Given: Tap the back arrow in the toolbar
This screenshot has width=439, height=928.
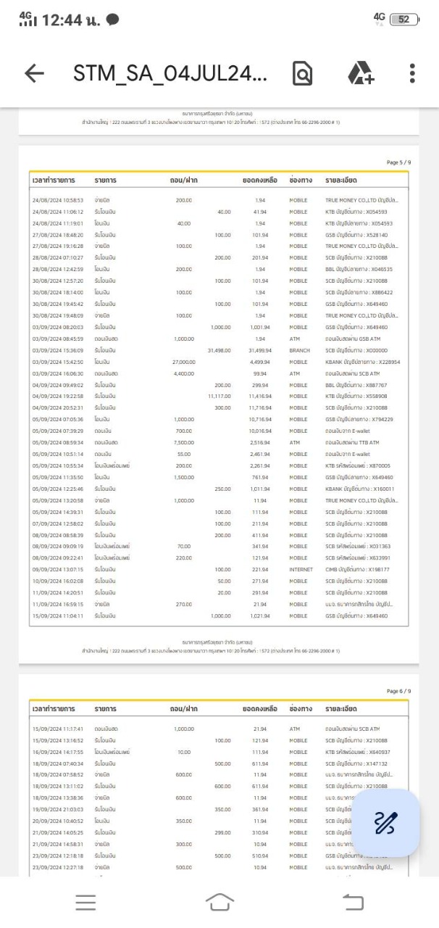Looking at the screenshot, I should pyautogui.click(x=33, y=72).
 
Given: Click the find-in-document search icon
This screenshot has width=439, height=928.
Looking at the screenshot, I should pyautogui.click(x=302, y=72).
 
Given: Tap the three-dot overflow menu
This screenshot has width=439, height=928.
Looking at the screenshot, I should pyautogui.click(x=412, y=72).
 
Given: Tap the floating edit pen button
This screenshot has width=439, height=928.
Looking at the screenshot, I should pyautogui.click(x=385, y=823).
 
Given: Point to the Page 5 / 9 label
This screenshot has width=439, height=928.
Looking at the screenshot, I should pyautogui.click(x=399, y=164).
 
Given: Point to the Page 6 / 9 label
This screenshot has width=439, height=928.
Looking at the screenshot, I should pyautogui.click(x=399, y=691).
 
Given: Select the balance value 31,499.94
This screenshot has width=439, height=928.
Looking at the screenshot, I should pyautogui.click(x=258, y=350).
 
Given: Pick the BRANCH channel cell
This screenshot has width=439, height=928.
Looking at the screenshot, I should pyautogui.click(x=298, y=350).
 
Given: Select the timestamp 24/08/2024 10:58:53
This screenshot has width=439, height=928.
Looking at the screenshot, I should pyautogui.click(x=58, y=199).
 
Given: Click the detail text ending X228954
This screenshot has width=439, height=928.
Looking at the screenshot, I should pyautogui.click(x=362, y=362).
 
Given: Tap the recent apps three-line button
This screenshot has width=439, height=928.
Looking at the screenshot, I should pyautogui.click(x=85, y=902).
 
